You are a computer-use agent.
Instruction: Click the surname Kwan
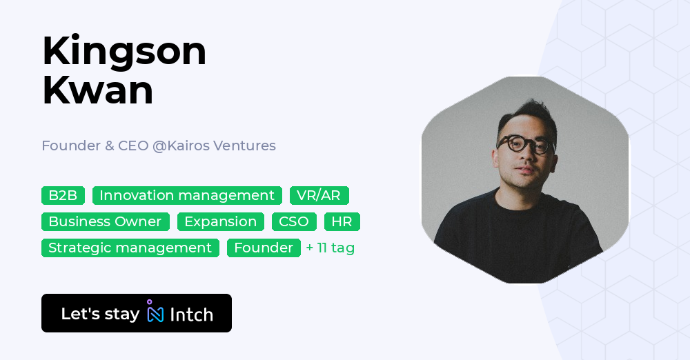coord(97,91)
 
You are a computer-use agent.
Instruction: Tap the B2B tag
coord(63,195)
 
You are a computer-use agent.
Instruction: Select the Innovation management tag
coord(187,195)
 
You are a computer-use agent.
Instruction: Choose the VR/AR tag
coord(319,195)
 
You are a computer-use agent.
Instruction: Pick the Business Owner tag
coord(105,221)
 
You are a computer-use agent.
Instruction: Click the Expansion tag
coord(221,221)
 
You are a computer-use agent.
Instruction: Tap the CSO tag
coord(294,221)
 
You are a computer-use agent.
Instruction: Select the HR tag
coord(342,221)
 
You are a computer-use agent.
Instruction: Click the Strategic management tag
coord(130,248)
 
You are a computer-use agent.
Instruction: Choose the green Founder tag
coord(264,248)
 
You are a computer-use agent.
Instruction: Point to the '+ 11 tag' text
coord(331,248)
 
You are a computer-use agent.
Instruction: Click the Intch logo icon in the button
coord(155,313)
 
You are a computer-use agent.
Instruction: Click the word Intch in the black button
coord(191,314)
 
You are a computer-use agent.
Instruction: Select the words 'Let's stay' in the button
coord(100,314)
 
